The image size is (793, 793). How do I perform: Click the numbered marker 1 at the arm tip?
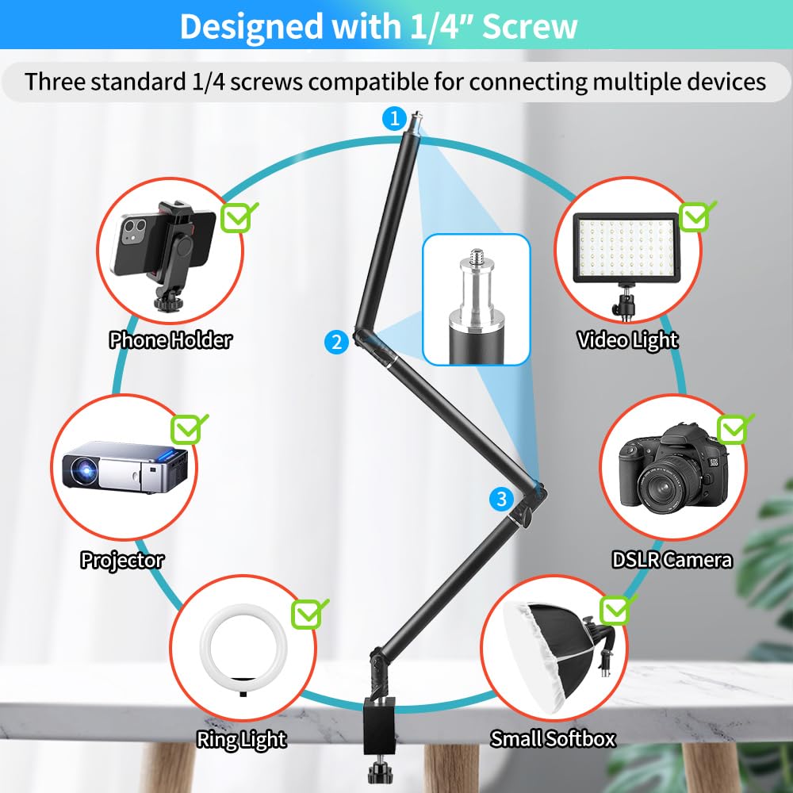[393, 119]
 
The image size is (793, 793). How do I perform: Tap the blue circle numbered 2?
[337, 342]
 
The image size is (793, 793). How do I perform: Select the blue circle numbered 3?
[500, 499]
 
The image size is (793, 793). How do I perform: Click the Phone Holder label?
[170, 340]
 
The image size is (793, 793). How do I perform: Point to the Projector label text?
[122, 560]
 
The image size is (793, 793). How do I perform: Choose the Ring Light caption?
[241, 740]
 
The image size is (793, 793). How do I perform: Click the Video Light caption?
[627, 340]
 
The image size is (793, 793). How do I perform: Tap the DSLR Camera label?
[672, 560]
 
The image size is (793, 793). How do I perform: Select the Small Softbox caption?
[553, 739]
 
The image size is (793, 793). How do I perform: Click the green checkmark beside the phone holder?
[239, 216]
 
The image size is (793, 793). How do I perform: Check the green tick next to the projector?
[190, 429]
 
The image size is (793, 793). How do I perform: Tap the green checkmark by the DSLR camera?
[734, 429]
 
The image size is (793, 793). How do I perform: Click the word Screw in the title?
[530, 27]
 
